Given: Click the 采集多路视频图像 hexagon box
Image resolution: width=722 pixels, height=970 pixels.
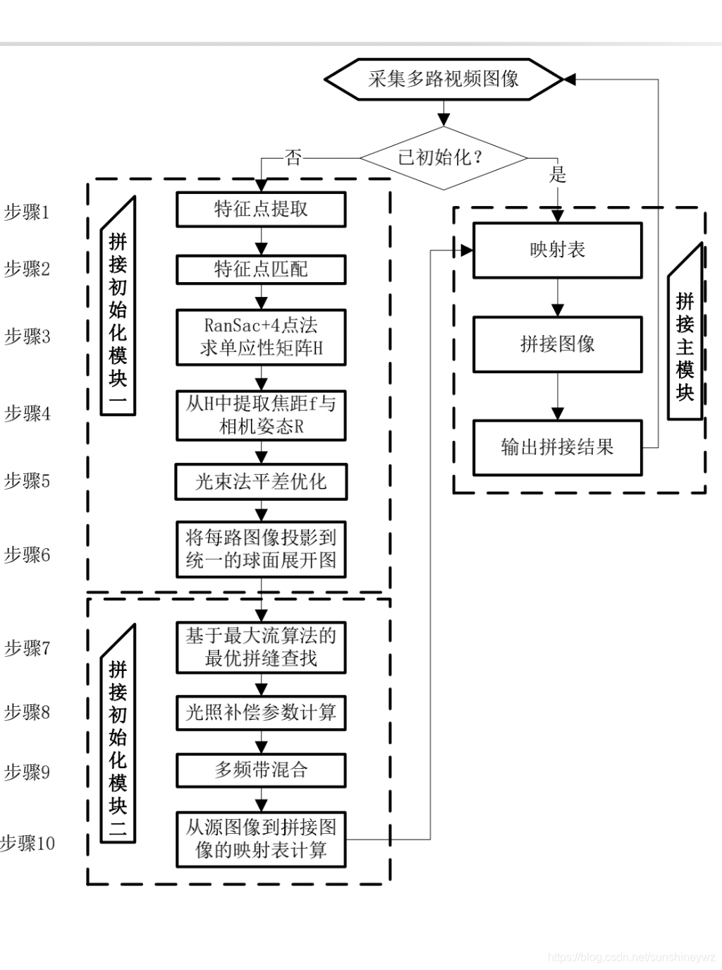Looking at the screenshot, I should (x=443, y=79).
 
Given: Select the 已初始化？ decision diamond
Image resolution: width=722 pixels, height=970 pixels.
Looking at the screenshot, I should (x=443, y=157).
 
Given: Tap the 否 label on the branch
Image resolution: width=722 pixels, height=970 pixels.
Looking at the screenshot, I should (x=293, y=158).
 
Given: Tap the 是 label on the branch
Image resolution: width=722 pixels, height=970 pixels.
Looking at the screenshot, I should (x=558, y=174).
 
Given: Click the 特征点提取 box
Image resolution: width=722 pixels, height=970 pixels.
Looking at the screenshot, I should (x=261, y=210).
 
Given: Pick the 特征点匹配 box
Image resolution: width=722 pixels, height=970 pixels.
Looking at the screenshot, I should (x=261, y=269).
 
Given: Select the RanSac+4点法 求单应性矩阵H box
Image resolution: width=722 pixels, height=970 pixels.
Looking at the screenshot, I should (x=261, y=337).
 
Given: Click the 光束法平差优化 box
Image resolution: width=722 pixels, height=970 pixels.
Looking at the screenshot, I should (x=261, y=482).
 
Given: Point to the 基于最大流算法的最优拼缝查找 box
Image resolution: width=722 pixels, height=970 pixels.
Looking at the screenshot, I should (x=261, y=647).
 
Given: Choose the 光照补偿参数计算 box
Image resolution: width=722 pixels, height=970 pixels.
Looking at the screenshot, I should (x=261, y=713).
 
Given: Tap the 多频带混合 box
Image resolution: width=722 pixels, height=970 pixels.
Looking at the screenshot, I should (x=261, y=770).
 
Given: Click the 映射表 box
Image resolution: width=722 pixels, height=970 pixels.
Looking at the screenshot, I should (x=557, y=250).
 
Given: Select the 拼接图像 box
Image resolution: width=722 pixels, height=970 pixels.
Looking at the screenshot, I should (x=557, y=344).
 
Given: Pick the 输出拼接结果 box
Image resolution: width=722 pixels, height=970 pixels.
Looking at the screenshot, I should (x=557, y=447).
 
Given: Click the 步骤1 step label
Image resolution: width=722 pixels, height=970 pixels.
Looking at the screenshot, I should (x=27, y=212).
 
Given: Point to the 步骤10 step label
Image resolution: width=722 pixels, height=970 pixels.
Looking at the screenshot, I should (x=28, y=843).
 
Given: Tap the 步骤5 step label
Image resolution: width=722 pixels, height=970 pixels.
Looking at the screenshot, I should (x=27, y=481).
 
